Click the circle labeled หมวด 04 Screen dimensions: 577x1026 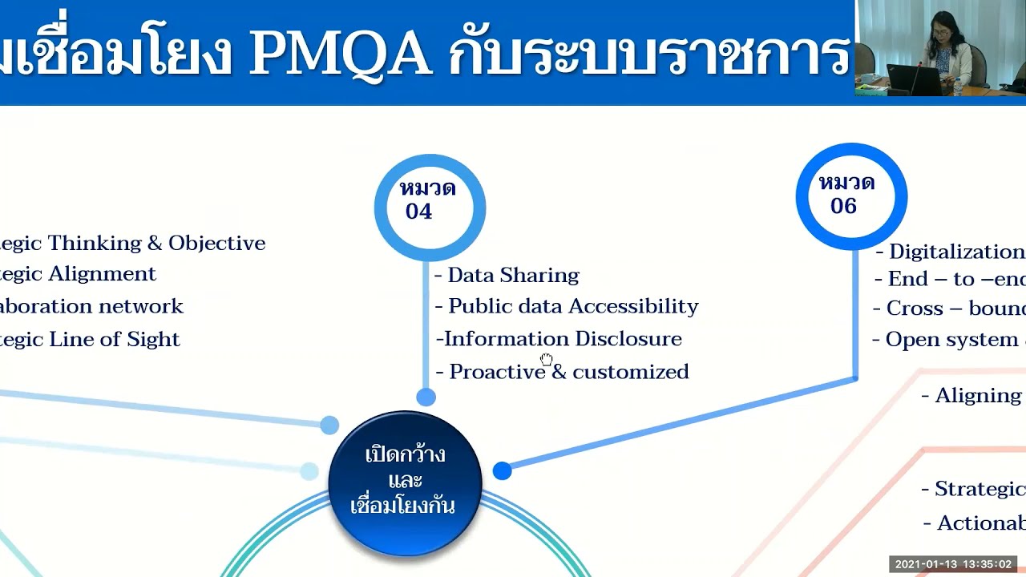coord(430,208)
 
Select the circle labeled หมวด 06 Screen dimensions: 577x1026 coord(851,196)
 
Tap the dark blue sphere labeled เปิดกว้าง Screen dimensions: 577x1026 coord(405,481)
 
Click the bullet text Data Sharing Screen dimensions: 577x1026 coord(513,275)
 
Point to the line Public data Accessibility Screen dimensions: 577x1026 coord(573,306)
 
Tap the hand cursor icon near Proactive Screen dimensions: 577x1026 coord(547,359)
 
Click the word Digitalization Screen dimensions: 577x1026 coord(956,252)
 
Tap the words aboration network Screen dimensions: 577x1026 coord(91,306)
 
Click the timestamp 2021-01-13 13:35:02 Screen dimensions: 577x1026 coord(953,564)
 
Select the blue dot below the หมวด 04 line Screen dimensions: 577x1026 coord(426,397)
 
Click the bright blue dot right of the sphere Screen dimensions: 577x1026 coord(502,470)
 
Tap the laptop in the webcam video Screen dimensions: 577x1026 coord(914,80)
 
